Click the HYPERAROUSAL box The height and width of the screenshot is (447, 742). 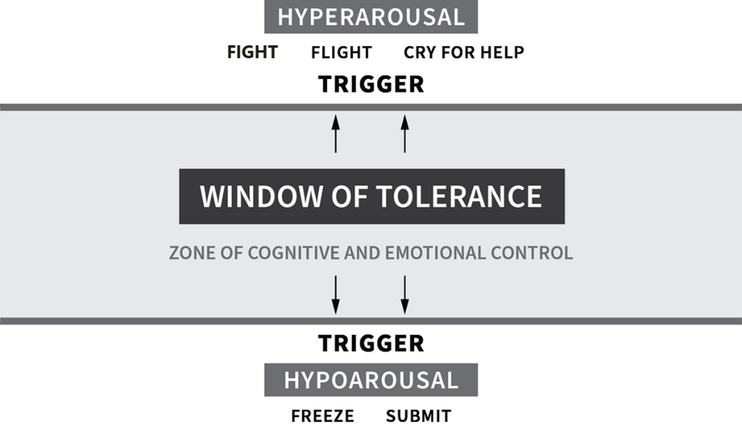click(371, 17)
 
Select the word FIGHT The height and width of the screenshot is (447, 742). click(252, 52)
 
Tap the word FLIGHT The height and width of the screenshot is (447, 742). click(341, 52)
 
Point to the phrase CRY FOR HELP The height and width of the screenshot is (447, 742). click(463, 52)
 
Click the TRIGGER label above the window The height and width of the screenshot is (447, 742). click(371, 84)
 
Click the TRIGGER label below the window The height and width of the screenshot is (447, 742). click(371, 343)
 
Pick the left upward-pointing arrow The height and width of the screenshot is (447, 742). click(335, 133)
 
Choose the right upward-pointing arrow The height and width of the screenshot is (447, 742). click(404, 133)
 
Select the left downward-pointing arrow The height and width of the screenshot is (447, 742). click(335, 294)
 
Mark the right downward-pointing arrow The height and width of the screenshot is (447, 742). click(404, 294)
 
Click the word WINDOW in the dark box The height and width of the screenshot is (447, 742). click(258, 197)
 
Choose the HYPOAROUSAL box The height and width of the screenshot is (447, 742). click(371, 380)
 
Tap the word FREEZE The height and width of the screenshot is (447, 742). click(323, 416)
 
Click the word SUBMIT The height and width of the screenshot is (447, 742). click(418, 416)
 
